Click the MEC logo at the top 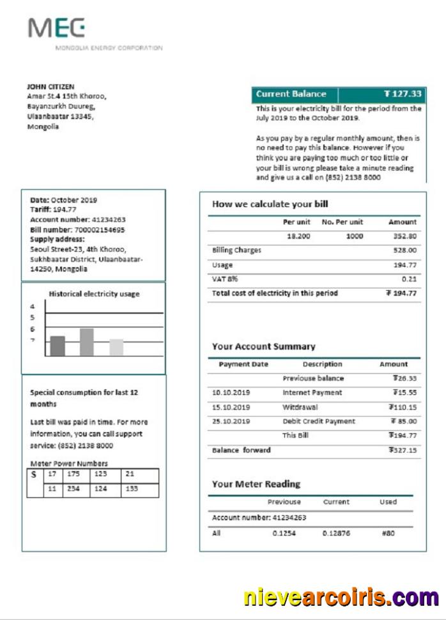point(56,28)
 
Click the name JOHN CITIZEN point(50,86)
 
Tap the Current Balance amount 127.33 point(403,94)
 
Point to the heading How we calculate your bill point(270,205)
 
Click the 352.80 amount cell point(404,236)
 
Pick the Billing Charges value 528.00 point(405,251)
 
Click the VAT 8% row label point(221,279)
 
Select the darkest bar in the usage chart point(58,346)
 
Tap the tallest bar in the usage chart point(87,342)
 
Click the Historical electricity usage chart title point(94,294)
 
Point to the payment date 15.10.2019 point(231,407)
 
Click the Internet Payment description point(312,392)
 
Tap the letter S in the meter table point(33,476)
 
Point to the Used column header point(388,502)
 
